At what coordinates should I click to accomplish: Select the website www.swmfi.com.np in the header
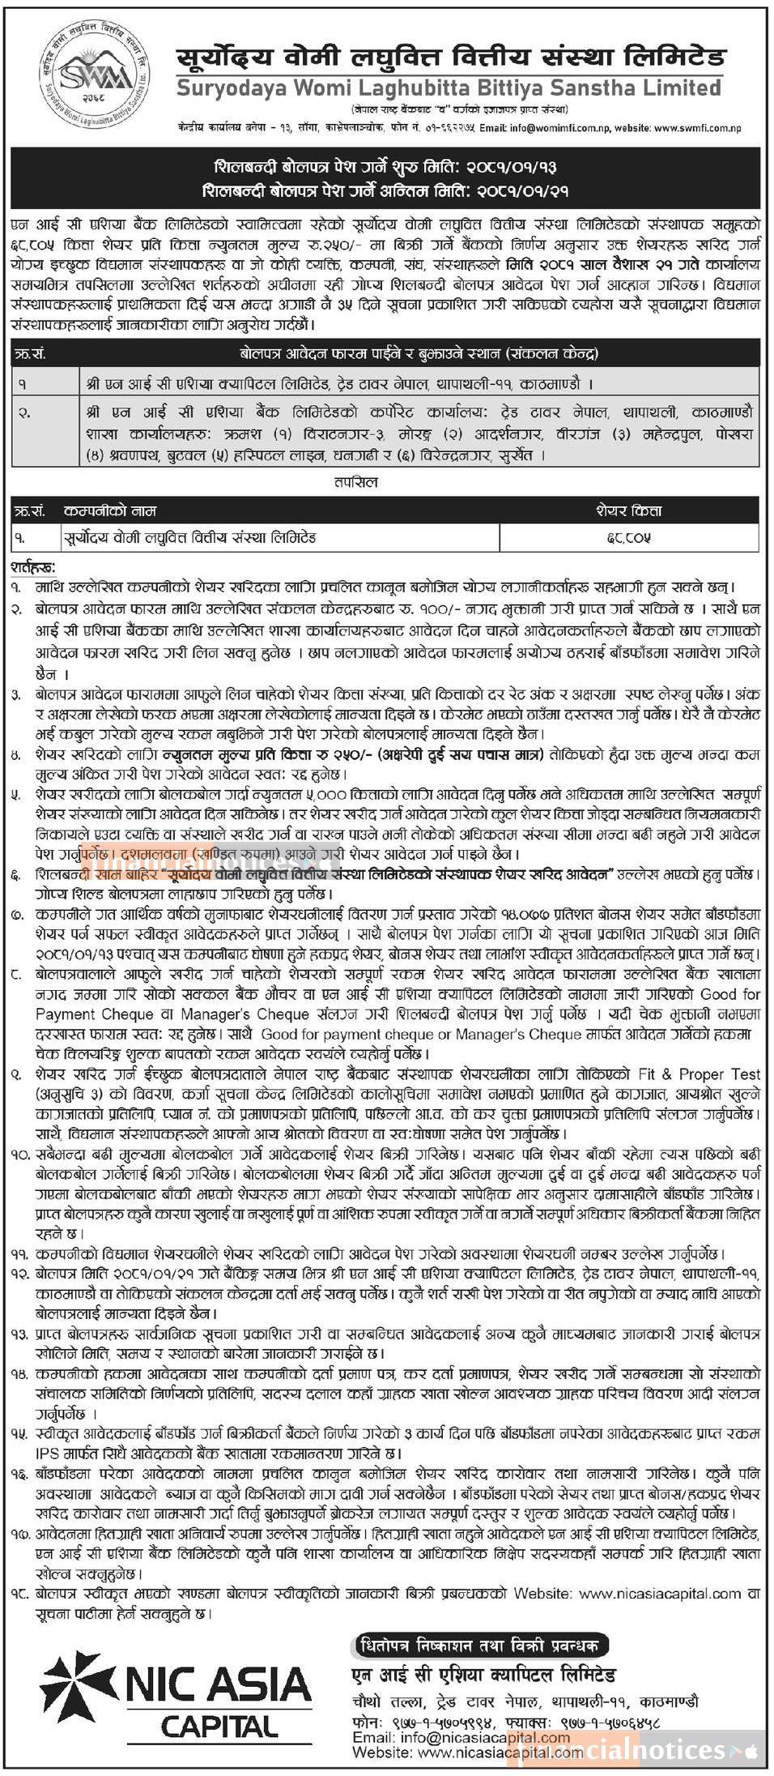click(697, 127)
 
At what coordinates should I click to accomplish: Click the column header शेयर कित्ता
click(630, 510)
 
